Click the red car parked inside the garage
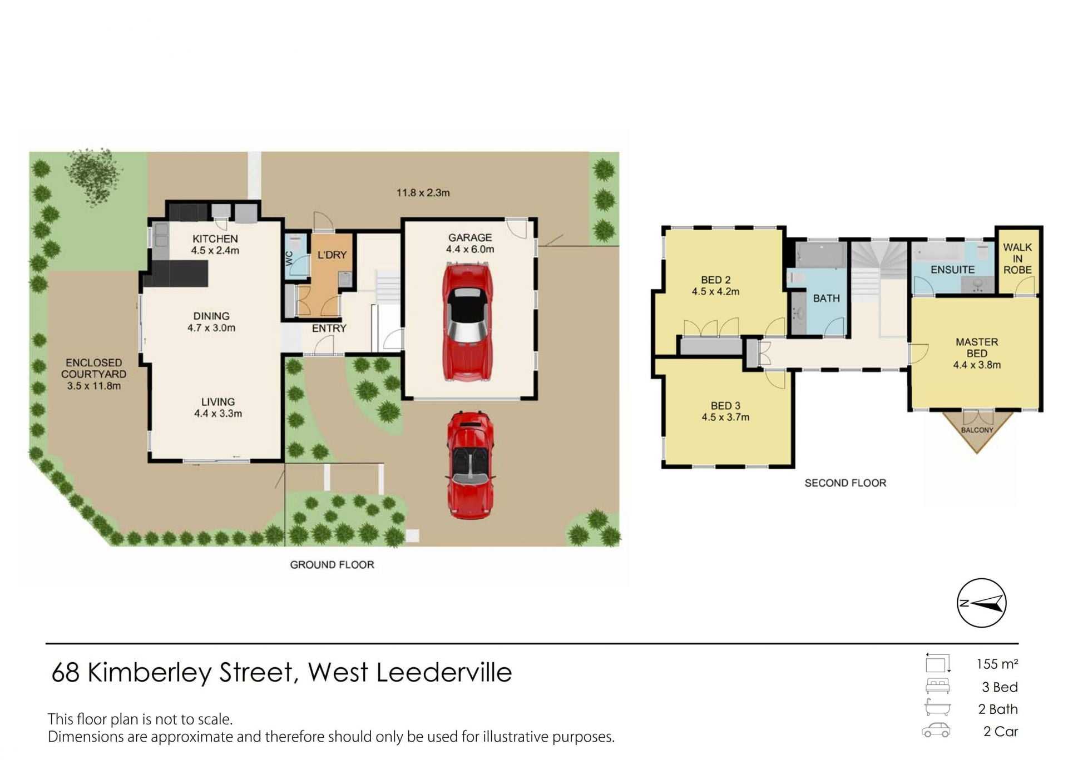click(x=468, y=322)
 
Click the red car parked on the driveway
click(x=471, y=466)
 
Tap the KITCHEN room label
click(x=215, y=239)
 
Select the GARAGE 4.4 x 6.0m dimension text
click(x=470, y=249)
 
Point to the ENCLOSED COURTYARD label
click(x=93, y=368)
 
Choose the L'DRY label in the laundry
click(x=332, y=255)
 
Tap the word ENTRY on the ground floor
click(x=329, y=328)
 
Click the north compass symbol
click(x=981, y=603)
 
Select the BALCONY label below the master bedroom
click(x=977, y=430)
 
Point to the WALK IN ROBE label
click(x=1017, y=258)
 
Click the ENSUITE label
click(x=952, y=270)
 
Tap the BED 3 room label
click(x=725, y=406)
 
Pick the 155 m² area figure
click(x=997, y=664)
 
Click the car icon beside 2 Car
click(x=936, y=731)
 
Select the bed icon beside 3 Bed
click(x=937, y=686)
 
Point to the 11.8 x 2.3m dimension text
click(x=423, y=193)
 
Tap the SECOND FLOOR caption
click(x=845, y=483)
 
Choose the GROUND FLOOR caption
click(x=332, y=565)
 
